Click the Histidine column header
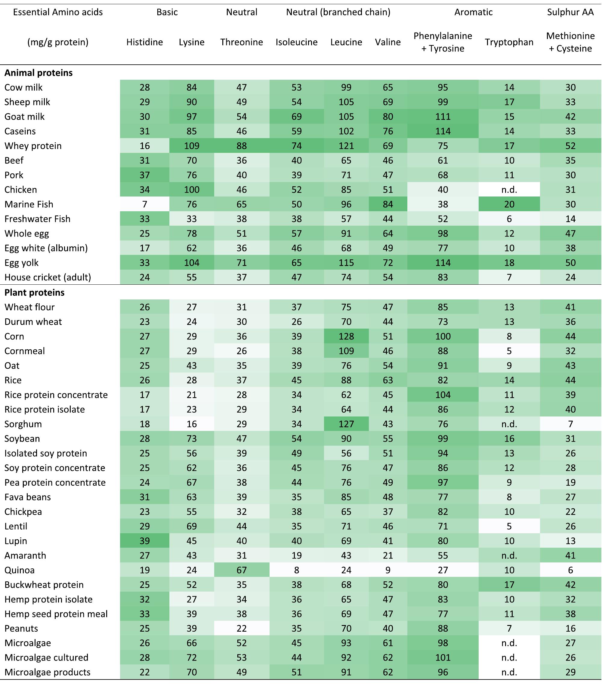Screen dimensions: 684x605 [x=145, y=42]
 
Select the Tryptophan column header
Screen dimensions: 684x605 [x=509, y=42]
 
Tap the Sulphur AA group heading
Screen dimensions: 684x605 [x=570, y=12]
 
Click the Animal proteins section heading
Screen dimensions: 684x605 [x=39, y=73]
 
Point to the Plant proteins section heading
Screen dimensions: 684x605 [x=35, y=292]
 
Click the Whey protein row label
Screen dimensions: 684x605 [x=33, y=146]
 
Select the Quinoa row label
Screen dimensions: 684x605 [x=20, y=570]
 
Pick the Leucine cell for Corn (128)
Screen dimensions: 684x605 [x=346, y=336]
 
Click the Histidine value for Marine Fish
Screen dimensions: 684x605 [x=145, y=204]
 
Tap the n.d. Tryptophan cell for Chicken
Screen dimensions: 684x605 [x=509, y=190]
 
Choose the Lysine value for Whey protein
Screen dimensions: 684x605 [x=191, y=146]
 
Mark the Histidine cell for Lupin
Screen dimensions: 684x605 [x=145, y=541]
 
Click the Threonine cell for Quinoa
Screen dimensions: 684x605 [x=242, y=570]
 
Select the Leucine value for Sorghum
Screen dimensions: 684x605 [x=346, y=424]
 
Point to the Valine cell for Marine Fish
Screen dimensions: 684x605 [x=388, y=204]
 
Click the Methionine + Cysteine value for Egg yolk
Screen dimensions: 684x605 [x=570, y=263]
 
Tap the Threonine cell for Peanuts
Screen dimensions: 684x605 [x=242, y=628]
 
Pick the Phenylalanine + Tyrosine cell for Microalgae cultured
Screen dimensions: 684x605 [x=443, y=658]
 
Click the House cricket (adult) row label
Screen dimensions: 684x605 [x=48, y=277]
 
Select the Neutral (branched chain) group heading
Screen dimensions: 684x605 [x=338, y=12]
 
